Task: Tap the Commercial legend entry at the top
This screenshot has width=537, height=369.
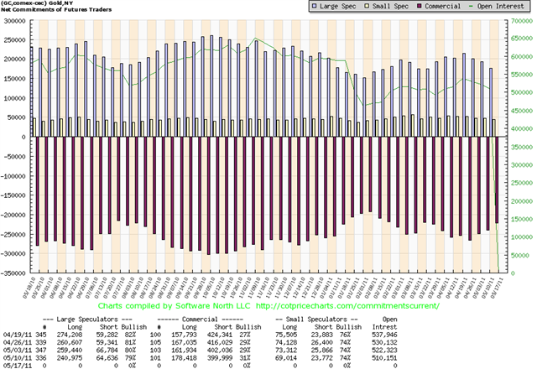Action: tap(427, 7)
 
